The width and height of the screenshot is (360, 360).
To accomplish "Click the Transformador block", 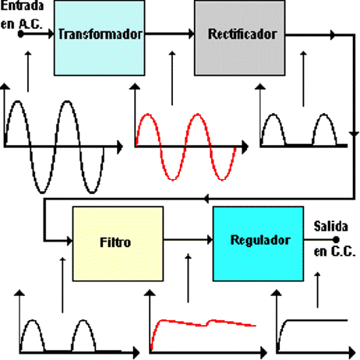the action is [100, 38].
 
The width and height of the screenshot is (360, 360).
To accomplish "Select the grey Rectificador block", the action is [240, 38].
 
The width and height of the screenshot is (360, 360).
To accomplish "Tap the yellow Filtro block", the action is [118, 244].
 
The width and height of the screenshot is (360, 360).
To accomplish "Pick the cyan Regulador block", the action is [258, 244].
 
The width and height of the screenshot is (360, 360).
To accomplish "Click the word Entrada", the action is [22, 5].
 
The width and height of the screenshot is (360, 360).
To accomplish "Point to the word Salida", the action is [330, 226].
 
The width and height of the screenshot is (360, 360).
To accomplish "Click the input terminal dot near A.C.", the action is [21, 34].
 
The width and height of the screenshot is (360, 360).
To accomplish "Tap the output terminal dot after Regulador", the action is [336, 239].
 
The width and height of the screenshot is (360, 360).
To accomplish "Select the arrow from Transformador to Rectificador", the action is [170, 34].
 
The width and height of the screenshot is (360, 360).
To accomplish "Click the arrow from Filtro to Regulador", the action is [188, 240].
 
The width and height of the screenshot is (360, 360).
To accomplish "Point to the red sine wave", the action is [185, 147].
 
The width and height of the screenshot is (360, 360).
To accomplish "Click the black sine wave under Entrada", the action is [55, 147].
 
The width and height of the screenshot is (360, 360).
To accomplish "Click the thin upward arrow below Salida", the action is [317, 290].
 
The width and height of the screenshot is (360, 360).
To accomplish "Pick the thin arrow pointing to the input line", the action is [28, 72].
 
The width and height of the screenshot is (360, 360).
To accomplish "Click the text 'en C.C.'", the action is [334, 252].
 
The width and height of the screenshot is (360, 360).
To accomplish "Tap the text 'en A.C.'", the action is [21, 24].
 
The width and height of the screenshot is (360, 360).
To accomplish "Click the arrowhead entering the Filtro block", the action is [69, 241].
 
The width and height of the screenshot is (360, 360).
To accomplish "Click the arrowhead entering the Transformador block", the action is [51, 34].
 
